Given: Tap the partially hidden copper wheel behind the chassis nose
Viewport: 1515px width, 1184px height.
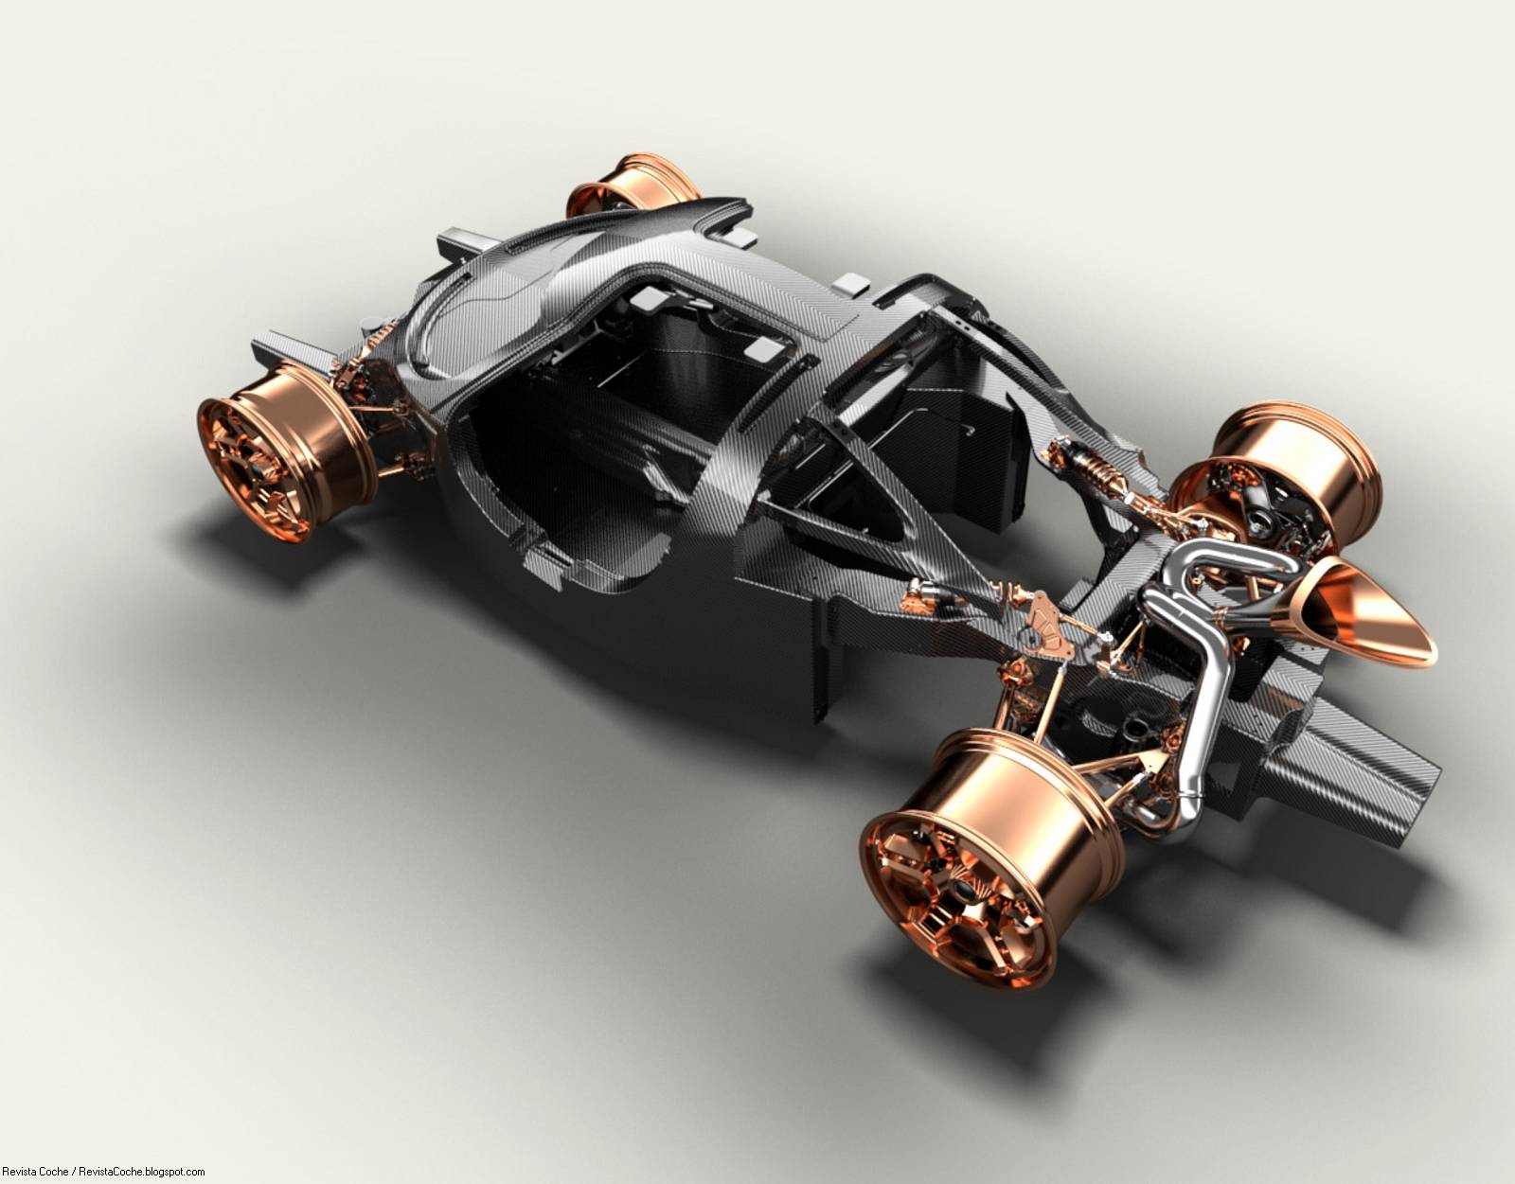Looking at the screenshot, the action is click(631, 184).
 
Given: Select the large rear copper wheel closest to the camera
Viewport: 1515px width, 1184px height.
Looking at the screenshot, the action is click(990, 858).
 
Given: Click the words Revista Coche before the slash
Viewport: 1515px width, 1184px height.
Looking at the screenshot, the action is click(36, 1172).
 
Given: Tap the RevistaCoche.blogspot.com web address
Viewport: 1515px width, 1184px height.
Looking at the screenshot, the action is click(142, 1172).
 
